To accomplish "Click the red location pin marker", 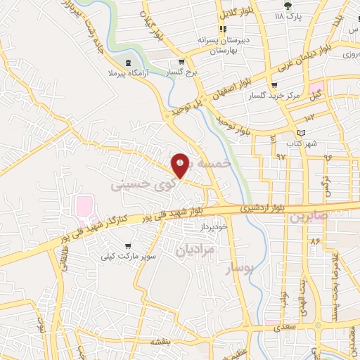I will [180, 165].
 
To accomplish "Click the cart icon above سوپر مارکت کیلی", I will [127, 246].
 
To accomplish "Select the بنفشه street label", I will [160, 341].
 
